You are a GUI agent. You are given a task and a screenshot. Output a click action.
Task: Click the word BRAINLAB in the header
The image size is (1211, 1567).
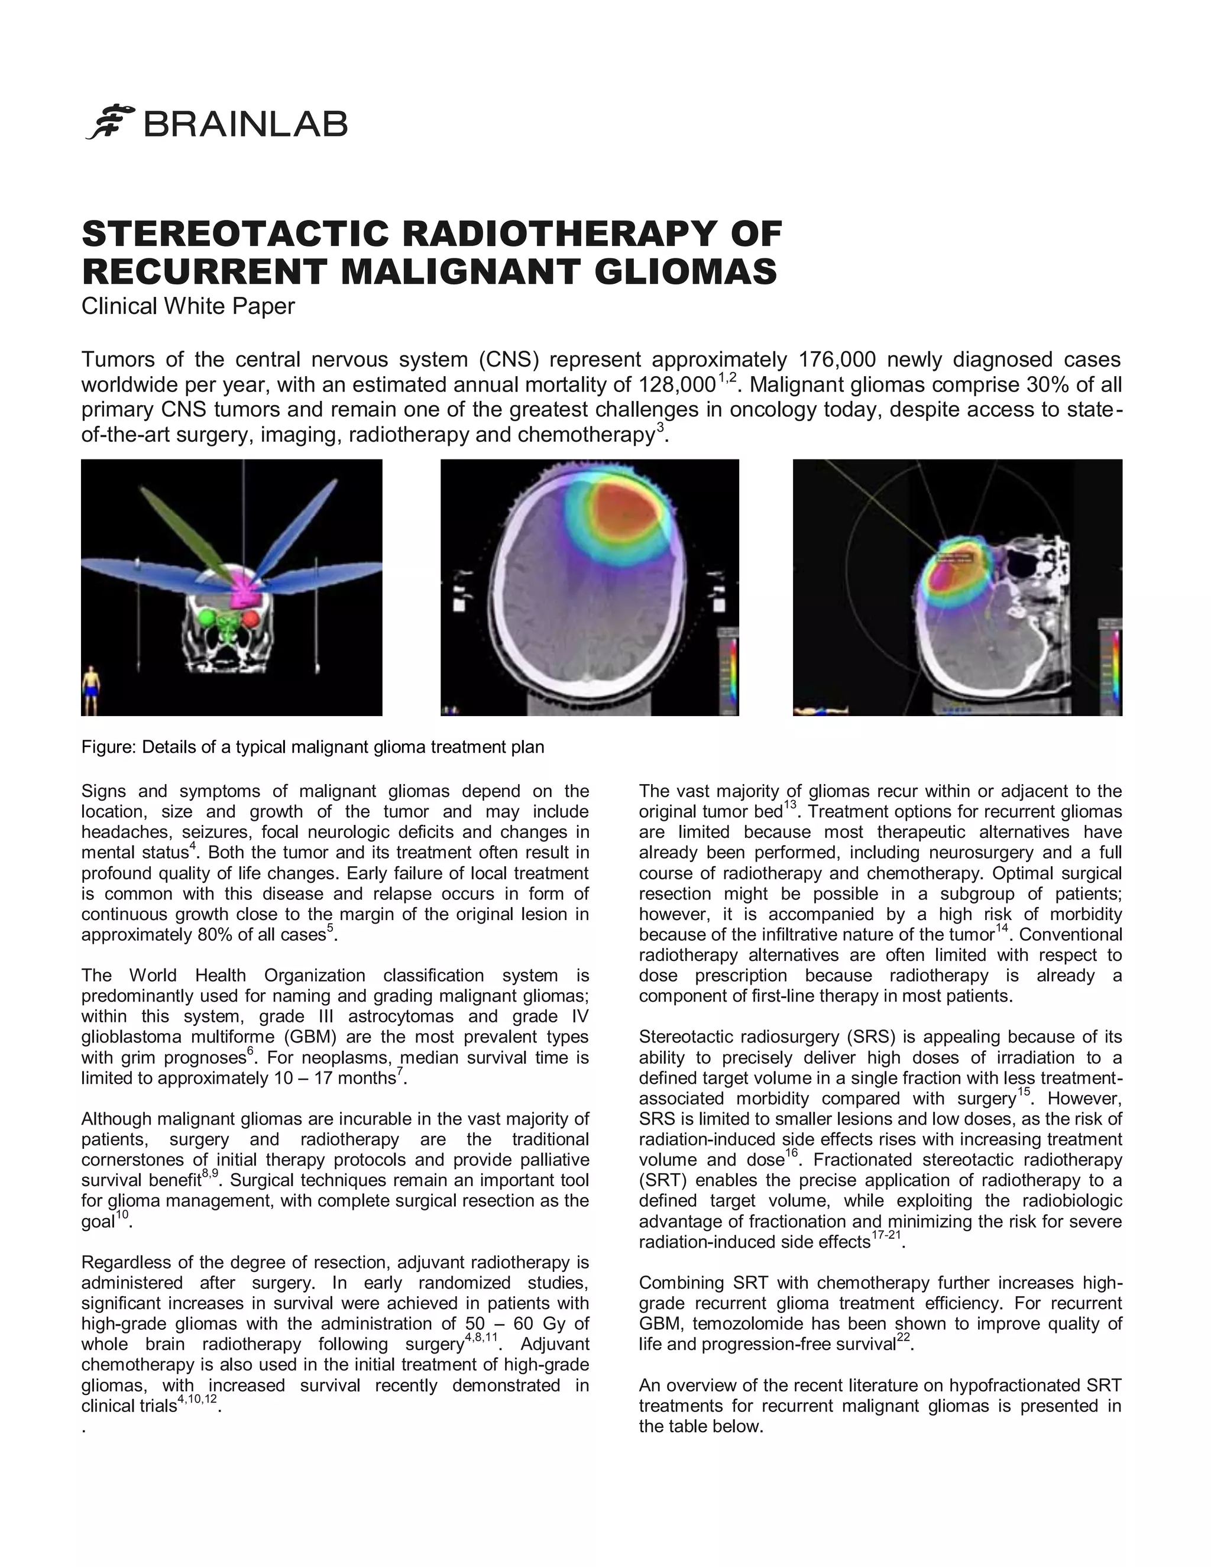tap(246, 124)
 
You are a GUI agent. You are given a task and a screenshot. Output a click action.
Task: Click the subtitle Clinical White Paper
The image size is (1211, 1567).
tap(188, 306)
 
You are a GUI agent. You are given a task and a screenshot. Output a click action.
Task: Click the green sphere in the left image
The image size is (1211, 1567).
tap(209, 619)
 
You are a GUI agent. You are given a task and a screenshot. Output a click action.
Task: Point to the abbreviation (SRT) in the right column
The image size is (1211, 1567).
tap(662, 1180)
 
